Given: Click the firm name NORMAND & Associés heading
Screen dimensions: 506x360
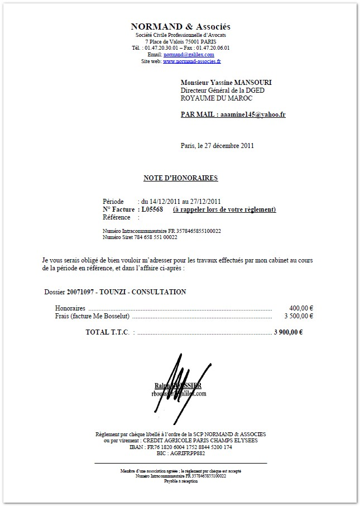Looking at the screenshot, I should (180, 27).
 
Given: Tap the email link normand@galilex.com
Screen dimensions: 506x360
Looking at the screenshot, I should (189, 55).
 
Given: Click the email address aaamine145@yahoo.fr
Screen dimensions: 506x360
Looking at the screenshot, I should (253, 114).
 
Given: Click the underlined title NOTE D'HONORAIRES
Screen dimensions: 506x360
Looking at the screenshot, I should (180, 178).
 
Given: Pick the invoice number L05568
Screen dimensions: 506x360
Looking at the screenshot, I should (152, 209).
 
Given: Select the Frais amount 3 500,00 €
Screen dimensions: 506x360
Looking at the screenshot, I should (299, 316).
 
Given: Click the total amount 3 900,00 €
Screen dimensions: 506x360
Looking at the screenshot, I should (289, 332).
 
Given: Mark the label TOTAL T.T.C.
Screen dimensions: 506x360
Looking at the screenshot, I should (107, 332).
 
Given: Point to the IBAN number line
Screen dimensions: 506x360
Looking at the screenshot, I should (180, 447).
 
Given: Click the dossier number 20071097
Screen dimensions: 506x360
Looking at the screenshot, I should (81, 292).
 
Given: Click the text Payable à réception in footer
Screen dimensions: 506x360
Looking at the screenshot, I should (180, 480).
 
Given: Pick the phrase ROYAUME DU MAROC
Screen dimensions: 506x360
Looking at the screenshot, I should (217, 98).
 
